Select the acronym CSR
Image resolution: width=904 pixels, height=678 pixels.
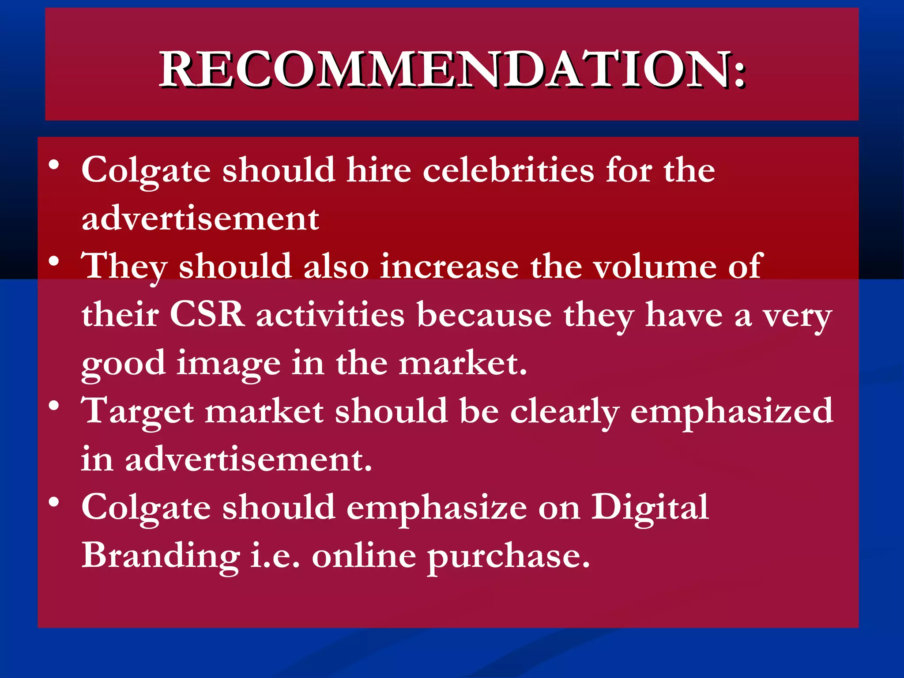[207, 315]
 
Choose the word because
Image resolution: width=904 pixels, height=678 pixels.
[484, 315]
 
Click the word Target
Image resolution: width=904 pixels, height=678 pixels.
[138, 411]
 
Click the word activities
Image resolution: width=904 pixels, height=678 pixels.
[330, 315]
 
